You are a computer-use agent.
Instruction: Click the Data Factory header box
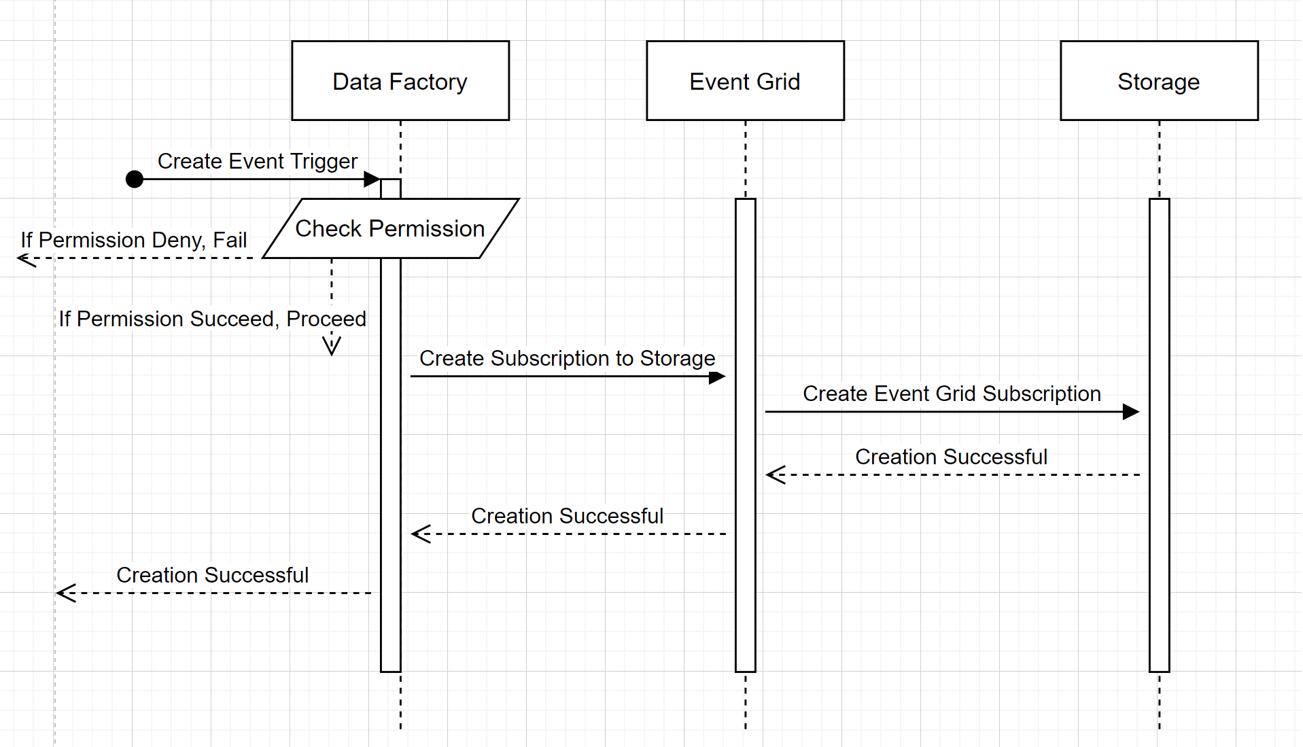[400, 81]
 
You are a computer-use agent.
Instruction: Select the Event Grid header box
[744, 81]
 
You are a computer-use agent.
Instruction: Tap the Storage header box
[1158, 81]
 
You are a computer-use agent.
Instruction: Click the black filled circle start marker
[135, 179]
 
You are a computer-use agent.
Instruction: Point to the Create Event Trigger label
[257, 161]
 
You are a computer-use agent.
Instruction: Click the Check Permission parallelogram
[390, 228]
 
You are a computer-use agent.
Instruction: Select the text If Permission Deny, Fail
[133, 240]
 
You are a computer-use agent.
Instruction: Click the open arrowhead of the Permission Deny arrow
[26, 259]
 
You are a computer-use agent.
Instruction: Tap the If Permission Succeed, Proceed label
[212, 319]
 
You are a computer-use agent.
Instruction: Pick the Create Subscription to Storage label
[567, 358]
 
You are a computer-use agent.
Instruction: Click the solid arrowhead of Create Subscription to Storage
[717, 377]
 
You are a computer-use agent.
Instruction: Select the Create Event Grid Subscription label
[952, 394]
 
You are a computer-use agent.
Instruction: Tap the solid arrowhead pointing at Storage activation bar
[1130, 412]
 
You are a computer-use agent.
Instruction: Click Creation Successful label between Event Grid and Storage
[951, 457]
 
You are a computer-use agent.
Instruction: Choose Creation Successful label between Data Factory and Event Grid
[567, 516]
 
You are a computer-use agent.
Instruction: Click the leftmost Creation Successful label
[212, 575]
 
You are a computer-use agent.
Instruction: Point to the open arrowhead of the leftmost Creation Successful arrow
[66, 593]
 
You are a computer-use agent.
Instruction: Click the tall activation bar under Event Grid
[745, 435]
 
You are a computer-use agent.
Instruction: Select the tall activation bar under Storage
[1159, 435]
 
